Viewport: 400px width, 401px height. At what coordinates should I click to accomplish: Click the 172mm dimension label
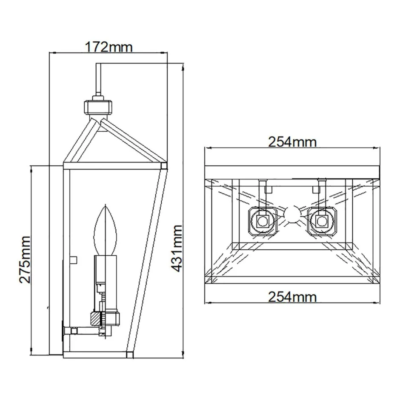coord(109,46)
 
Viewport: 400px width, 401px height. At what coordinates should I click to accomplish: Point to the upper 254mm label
coord(292,141)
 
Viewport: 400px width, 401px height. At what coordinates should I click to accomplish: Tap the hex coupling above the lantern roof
coord(97,106)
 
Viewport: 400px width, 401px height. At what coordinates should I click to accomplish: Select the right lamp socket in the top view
coord(322,220)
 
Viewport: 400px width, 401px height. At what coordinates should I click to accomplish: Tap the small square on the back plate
coord(74,259)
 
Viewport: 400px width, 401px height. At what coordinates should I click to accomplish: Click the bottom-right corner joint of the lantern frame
coord(130,353)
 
